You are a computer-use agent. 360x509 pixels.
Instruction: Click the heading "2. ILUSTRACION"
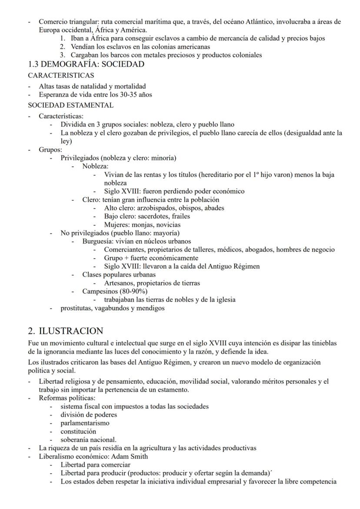coord(66,331)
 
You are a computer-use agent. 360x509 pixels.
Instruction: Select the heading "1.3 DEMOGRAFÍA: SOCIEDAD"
coord(86,64)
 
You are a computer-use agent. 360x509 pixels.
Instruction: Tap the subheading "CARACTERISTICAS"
coord(61,75)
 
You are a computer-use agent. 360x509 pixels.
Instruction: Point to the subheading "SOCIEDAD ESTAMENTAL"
coord(70,105)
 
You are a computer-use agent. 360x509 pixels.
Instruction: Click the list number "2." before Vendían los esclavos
coord(63,47)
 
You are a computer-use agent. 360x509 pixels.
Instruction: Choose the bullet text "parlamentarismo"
coord(85,423)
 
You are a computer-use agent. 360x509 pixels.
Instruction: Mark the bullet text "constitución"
coord(78,432)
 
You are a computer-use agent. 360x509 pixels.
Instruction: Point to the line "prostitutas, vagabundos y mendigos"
coord(113,308)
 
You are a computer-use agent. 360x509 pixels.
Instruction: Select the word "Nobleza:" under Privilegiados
coord(95,166)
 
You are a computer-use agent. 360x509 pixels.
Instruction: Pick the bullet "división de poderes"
coord(89,415)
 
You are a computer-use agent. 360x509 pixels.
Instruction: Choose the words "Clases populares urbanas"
coord(119,275)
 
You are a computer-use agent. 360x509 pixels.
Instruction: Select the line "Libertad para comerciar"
coord(95,465)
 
